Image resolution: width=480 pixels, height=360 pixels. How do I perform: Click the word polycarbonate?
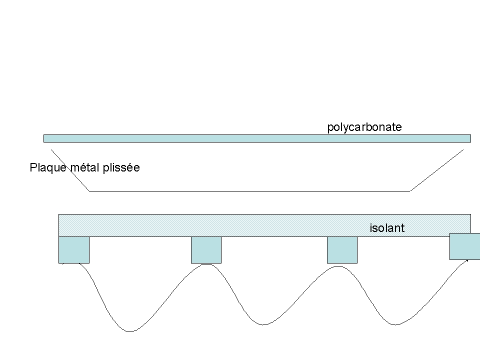(364, 127)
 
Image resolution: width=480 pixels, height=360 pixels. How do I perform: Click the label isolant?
(387, 228)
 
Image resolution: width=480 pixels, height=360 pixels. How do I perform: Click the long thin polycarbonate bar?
(257, 138)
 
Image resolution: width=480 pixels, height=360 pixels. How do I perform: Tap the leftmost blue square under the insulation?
(74, 249)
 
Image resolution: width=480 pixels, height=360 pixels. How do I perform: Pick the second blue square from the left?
(206, 249)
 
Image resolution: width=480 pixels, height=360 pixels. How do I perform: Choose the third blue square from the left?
(342, 249)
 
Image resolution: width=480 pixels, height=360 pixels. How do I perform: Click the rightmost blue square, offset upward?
(464, 246)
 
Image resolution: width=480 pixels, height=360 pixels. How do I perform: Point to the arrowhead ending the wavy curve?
(467, 260)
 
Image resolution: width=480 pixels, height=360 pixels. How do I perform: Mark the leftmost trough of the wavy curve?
(130, 331)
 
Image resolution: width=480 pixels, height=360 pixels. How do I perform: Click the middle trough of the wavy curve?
(263, 324)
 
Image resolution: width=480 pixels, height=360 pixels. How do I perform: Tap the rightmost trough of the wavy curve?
(395, 324)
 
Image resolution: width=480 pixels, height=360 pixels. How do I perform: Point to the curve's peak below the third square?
(338, 266)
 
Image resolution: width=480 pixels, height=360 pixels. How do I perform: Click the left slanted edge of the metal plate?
(70, 170)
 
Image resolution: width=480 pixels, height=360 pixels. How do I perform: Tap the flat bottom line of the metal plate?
(250, 191)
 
